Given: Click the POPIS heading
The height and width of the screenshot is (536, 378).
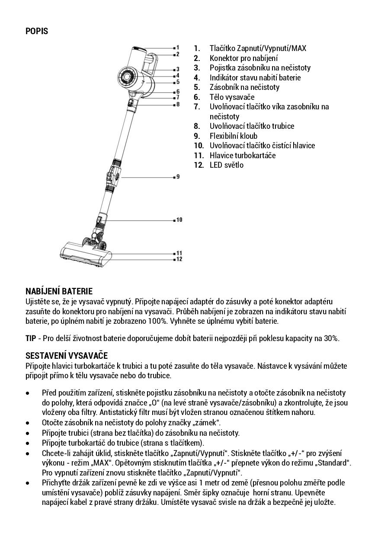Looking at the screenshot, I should click(37, 31).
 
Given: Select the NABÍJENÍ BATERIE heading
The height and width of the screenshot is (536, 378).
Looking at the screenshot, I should click(59, 291).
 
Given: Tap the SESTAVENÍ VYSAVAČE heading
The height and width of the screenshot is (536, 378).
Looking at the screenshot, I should click(66, 355).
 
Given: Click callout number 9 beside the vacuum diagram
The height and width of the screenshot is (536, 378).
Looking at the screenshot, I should click(177, 177).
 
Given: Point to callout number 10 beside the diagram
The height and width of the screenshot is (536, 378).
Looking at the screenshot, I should click(179, 220).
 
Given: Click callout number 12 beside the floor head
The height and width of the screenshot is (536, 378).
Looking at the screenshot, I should click(179, 259).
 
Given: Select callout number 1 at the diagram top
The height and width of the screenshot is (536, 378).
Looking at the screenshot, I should click(177, 47).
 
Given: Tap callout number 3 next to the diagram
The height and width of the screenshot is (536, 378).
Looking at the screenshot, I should click(177, 69).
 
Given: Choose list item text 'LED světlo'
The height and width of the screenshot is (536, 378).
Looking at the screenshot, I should click(226, 165).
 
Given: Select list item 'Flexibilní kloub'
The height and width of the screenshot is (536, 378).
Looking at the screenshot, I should click(233, 136).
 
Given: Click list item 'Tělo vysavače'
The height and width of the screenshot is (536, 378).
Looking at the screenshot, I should click(232, 97).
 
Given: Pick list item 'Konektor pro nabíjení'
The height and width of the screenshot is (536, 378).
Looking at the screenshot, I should click(243, 58).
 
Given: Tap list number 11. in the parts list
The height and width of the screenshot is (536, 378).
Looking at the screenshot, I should click(199, 155).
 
